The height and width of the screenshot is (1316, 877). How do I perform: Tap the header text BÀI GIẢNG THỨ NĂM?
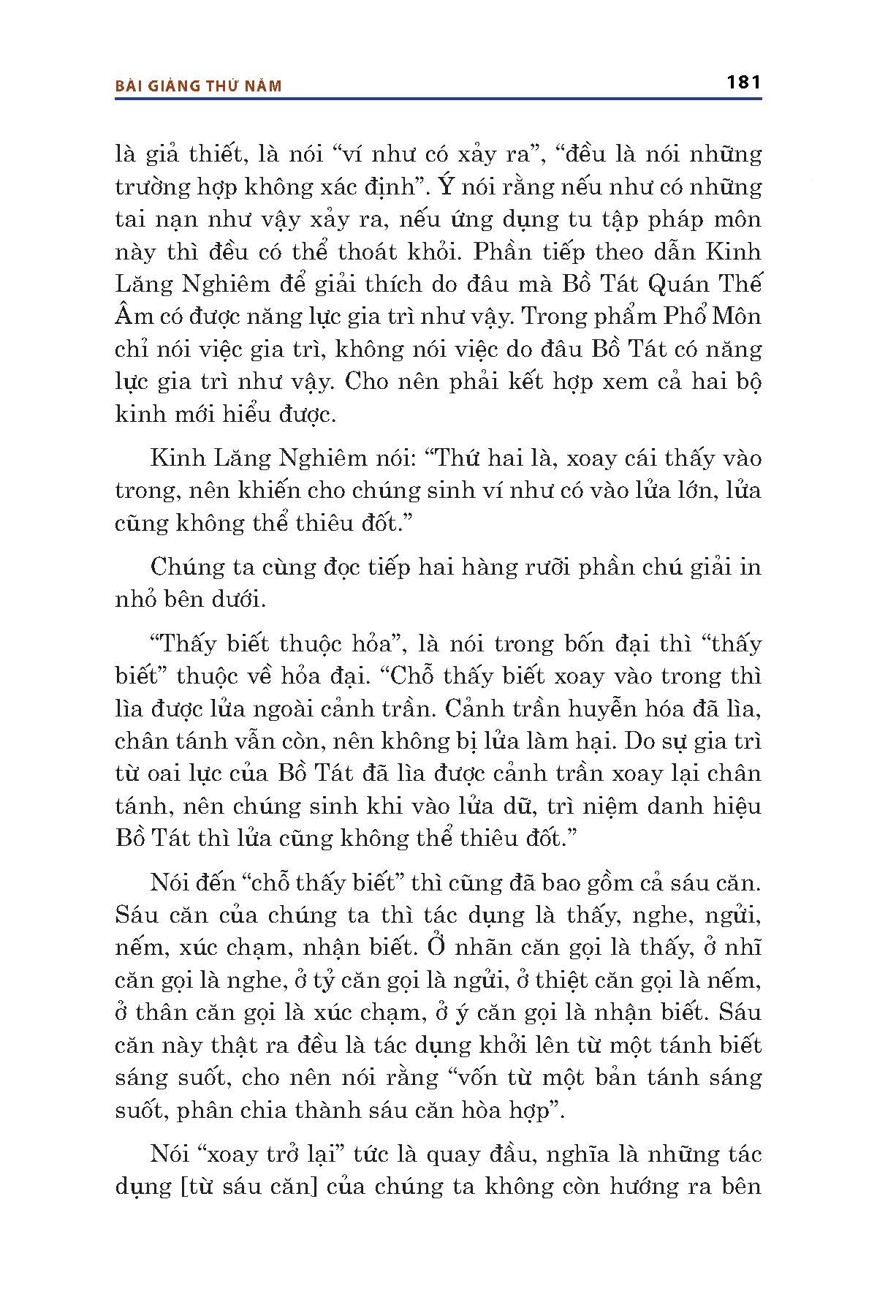pyautogui.click(x=199, y=86)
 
